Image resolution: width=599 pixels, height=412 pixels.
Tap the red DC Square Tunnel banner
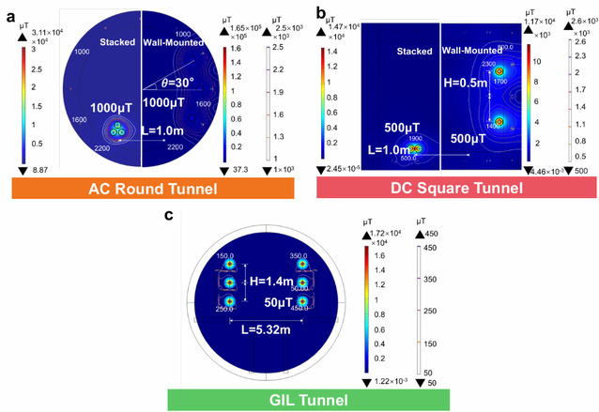[444, 189]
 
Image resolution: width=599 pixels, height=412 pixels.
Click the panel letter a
[10, 10]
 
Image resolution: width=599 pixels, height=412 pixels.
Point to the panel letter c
[168, 217]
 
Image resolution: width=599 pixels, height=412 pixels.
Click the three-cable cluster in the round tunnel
[117, 132]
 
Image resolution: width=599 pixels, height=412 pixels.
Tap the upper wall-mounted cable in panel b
[499, 70]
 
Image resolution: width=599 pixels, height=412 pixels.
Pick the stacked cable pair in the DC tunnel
[415, 147]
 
